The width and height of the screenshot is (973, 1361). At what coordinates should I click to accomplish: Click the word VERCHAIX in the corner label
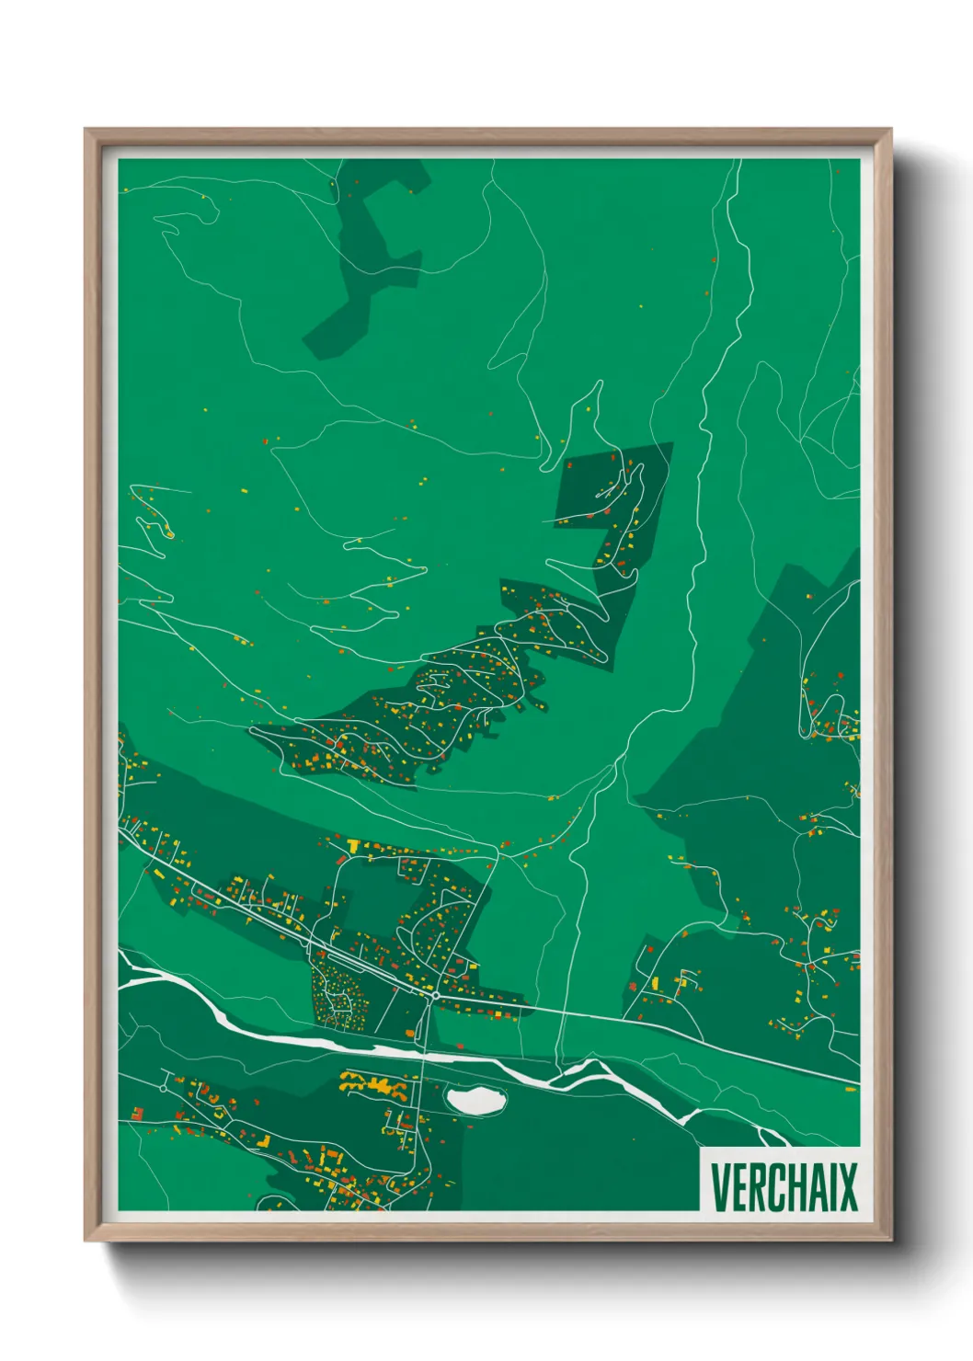[x=783, y=1187]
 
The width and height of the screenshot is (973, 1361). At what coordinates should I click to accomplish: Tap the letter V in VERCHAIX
[x=720, y=1187]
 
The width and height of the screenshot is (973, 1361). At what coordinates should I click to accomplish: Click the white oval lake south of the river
[x=475, y=1100]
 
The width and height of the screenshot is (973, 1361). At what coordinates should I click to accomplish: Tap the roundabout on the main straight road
[x=434, y=994]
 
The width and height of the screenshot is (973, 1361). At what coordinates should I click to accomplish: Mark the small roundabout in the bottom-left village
[x=163, y=1088]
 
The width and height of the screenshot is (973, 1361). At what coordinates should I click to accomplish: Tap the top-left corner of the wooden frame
[x=88, y=132]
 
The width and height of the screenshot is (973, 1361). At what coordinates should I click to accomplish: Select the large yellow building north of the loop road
[x=353, y=844]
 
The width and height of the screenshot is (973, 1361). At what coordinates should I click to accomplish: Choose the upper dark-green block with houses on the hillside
[x=612, y=515]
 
